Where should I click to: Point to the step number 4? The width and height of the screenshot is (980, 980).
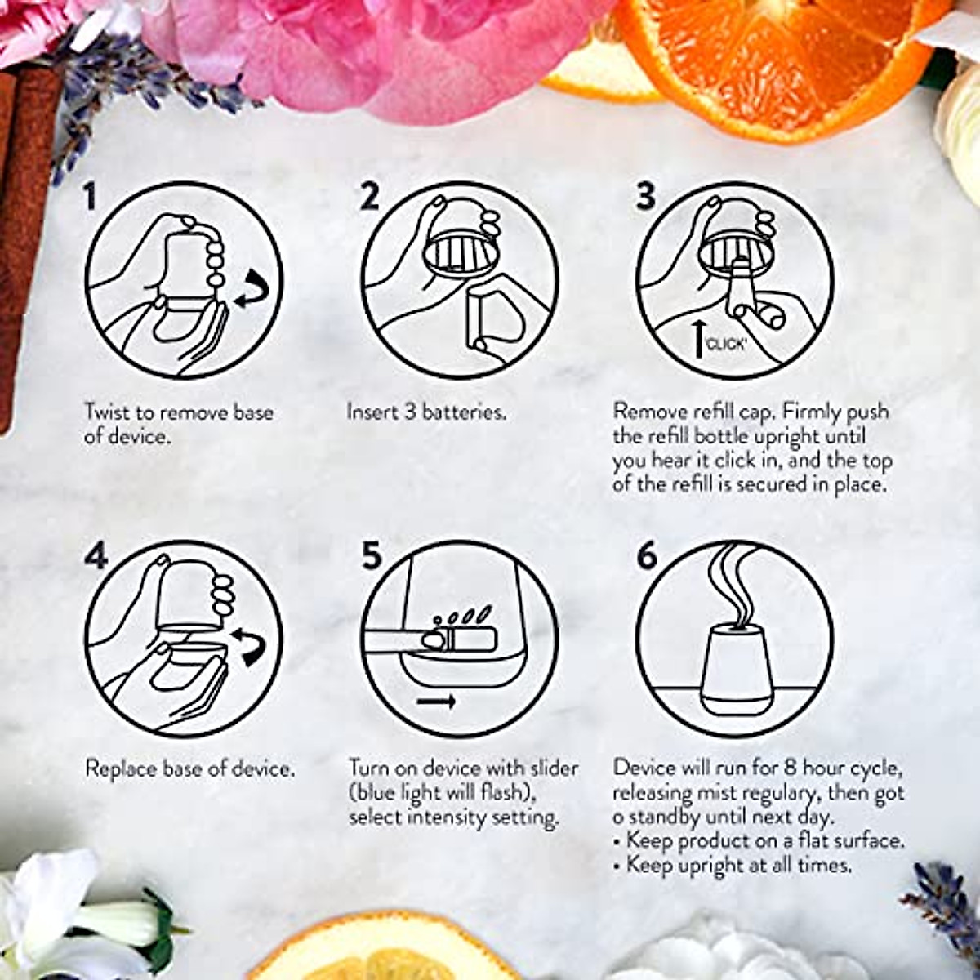[96, 557]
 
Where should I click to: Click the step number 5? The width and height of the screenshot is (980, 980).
[372, 557]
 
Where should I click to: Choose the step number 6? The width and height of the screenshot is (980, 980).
[647, 556]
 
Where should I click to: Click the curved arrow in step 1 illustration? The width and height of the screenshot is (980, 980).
[252, 292]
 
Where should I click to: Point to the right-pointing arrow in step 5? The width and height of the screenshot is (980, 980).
[436, 701]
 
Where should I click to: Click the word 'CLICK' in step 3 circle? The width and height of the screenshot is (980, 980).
[726, 344]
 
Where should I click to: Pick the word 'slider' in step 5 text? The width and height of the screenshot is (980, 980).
[551, 768]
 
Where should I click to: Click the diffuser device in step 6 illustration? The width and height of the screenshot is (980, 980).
[733, 661]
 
